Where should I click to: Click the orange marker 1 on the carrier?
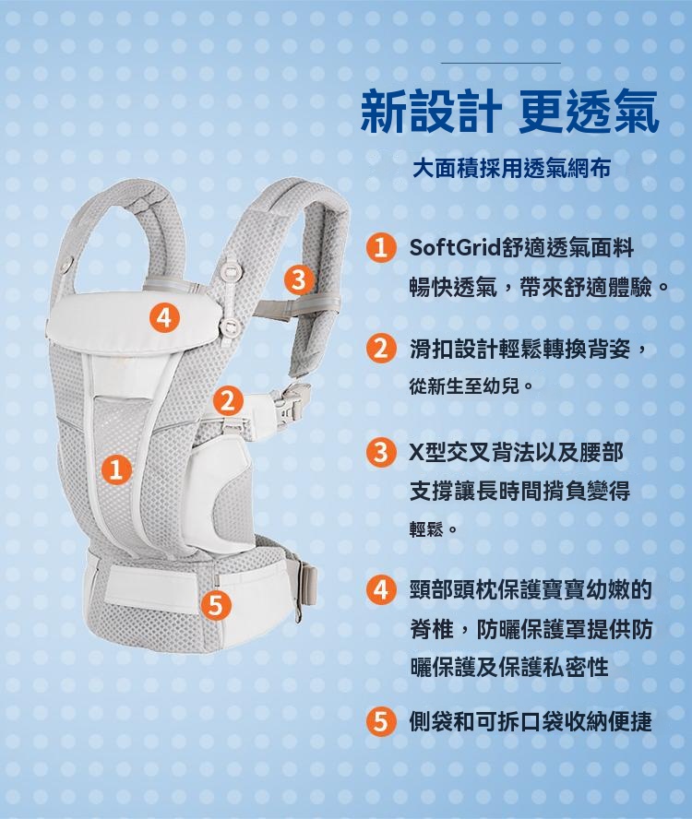[x=117, y=469]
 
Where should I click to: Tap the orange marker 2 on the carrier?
[x=228, y=400]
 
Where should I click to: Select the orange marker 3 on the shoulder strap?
[x=298, y=280]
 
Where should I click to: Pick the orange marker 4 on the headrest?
[x=164, y=317]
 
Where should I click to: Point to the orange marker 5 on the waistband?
[x=216, y=605]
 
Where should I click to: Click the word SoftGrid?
[x=454, y=247]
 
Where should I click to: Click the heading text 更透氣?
[x=588, y=113]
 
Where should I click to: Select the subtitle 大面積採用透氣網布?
[x=511, y=169]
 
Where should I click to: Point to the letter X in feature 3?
[x=417, y=452]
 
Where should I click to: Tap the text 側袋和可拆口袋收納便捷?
[x=531, y=721]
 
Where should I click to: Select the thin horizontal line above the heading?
[x=501, y=64]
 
